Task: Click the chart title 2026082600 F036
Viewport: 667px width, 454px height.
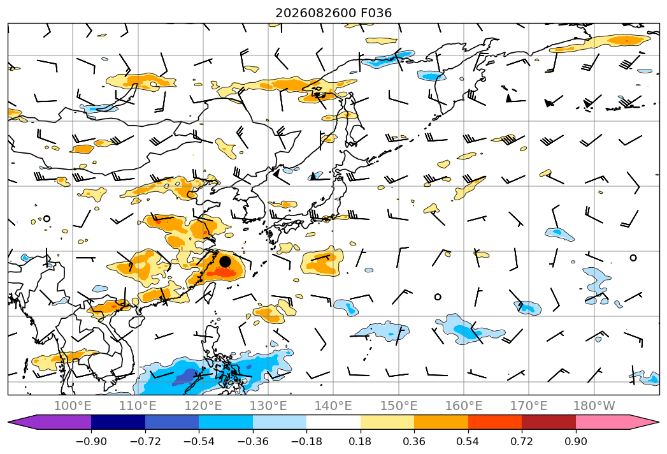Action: [334, 13]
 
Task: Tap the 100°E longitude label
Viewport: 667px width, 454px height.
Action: [73, 406]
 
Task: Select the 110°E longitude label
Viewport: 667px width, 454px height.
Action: [138, 406]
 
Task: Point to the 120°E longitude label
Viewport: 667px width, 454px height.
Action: [203, 406]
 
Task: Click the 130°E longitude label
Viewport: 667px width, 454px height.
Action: [268, 406]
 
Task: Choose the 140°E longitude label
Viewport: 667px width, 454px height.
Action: [333, 406]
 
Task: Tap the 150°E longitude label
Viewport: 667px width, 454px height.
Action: [399, 406]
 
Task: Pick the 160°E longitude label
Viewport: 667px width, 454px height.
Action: [464, 406]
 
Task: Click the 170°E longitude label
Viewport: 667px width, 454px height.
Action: [529, 406]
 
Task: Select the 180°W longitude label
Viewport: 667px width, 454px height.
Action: [594, 406]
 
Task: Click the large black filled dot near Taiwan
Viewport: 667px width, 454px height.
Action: [225, 261]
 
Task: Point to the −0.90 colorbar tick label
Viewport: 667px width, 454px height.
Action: [91, 441]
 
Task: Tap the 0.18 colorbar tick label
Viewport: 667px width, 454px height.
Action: [361, 441]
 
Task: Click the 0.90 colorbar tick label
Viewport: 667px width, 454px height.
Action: [575, 441]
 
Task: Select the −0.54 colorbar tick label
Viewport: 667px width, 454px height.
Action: [199, 441]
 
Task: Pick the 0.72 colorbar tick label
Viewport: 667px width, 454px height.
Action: [522, 441]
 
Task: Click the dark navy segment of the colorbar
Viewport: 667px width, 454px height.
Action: [118, 422]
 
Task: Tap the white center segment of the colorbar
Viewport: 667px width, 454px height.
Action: [334, 422]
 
